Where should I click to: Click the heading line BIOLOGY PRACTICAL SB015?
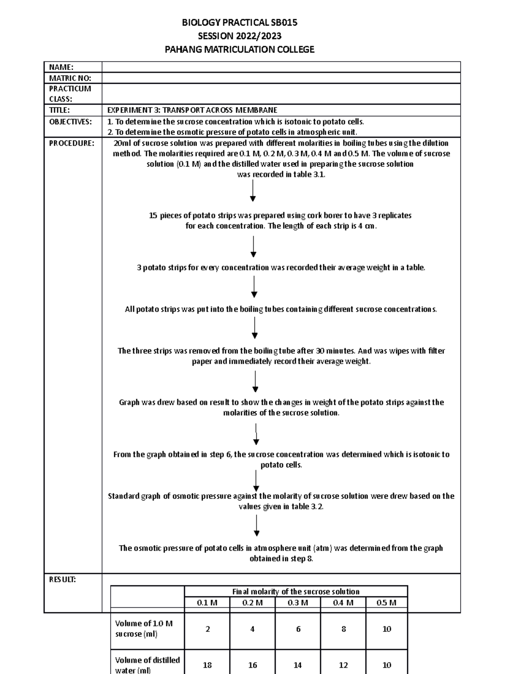coord(239,23)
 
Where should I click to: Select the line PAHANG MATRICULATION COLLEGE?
coord(239,49)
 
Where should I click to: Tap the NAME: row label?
coord(61,67)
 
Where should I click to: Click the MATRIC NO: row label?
coord(70,78)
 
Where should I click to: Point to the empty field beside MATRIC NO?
coord(281,78)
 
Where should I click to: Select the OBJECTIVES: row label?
coord(70,122)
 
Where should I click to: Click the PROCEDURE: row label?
coord(71,143)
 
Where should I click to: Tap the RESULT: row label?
coord(63,579)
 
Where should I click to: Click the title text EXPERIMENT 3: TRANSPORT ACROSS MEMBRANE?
coord(192,110)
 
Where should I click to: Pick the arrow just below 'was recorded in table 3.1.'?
coord(253,191)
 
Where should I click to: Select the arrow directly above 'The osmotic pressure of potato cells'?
coord(257,526)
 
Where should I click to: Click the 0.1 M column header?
coord(207,603)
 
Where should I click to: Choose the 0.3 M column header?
coord(298,603)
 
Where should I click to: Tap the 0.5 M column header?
coord(386,603)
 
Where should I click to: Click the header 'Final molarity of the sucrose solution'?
coord(296,592)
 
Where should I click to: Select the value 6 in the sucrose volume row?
coord(298,629)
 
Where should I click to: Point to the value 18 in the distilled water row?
coord(207,665)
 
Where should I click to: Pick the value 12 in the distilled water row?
coord(343,665)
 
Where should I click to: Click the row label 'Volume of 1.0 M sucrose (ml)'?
coord(144,628)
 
